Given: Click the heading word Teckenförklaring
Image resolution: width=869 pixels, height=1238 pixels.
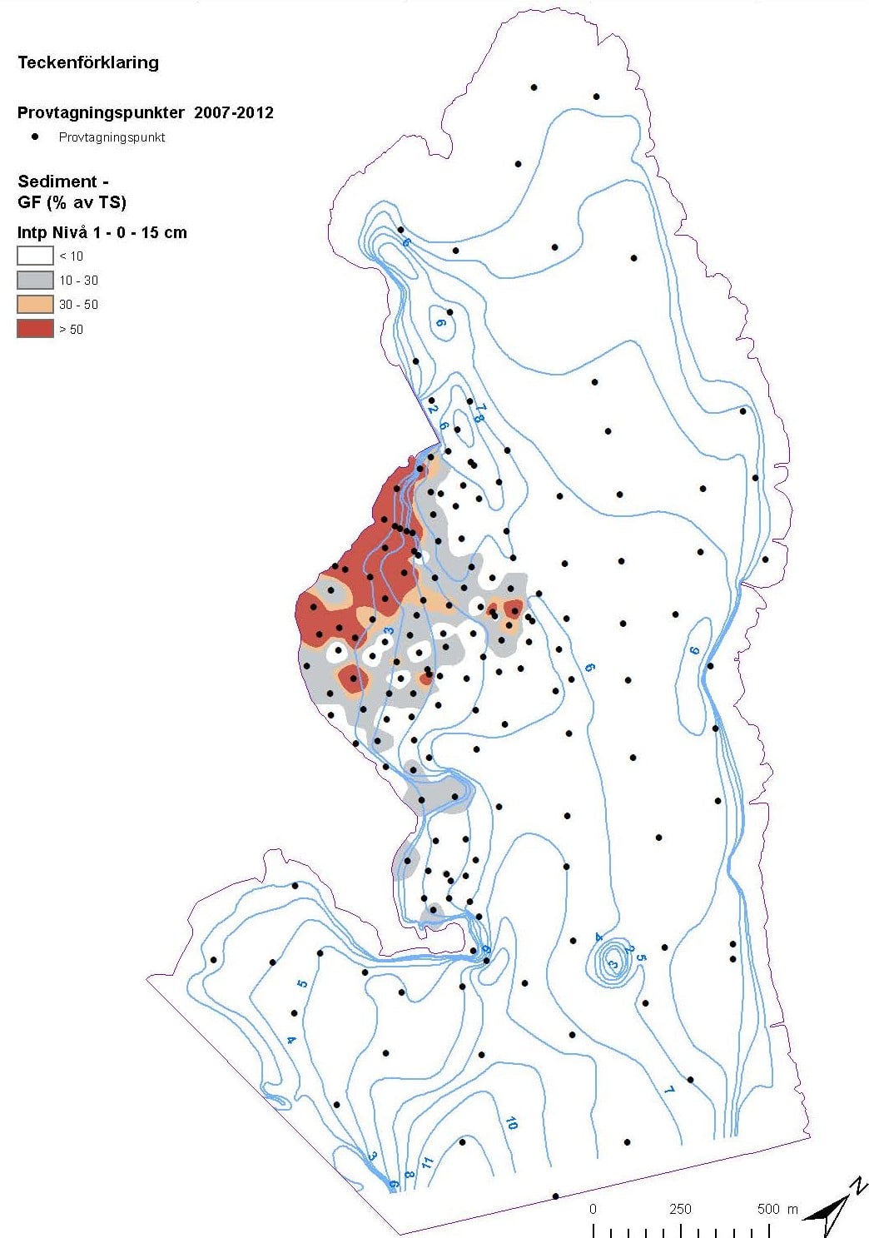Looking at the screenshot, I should (88, 62).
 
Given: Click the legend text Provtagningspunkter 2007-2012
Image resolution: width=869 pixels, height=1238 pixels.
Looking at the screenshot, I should (146, 112).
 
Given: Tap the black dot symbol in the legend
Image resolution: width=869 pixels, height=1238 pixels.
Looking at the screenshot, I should (35, 137).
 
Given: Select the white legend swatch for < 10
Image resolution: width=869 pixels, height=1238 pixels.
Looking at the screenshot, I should (35, 256).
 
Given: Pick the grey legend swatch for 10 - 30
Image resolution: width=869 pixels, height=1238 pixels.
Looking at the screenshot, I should (35, 280).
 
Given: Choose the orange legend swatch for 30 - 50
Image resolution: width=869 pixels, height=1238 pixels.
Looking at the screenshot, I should (35, 304).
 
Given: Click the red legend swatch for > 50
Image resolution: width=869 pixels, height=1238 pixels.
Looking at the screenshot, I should (35, 329).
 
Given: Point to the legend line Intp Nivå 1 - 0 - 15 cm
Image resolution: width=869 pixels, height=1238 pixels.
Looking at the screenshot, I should (102, 232).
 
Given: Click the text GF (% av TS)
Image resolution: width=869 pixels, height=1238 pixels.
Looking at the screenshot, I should (72, 202).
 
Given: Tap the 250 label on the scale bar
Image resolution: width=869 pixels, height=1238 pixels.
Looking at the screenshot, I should (680, 1209).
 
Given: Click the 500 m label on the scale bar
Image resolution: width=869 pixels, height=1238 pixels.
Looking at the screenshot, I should (777, 1209).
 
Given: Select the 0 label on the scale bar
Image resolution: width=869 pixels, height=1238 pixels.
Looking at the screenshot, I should (593, 1209).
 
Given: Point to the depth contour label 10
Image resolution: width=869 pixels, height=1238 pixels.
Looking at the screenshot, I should (511, 1123).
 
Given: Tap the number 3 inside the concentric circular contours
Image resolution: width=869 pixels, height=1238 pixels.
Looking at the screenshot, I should (613, 964).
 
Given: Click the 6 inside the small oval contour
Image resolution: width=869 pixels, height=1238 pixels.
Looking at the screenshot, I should (440, 322).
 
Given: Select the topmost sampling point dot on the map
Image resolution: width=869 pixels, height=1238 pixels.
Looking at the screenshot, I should (534, 87).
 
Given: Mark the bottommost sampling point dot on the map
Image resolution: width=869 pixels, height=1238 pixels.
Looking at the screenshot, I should (555, 1196).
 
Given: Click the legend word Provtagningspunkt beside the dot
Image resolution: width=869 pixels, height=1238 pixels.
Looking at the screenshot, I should (112, 137).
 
